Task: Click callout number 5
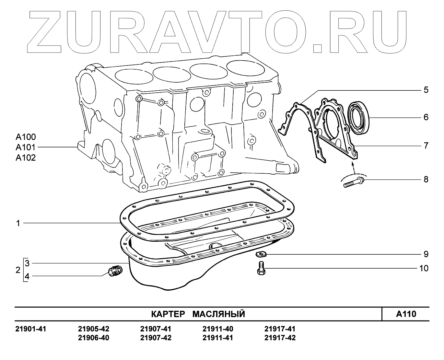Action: click(426, 90)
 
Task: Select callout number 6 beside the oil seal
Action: click(426, 117)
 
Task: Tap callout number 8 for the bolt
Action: click(426, 179)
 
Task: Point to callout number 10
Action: click(424, 268)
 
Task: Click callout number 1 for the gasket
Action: click(18, 223)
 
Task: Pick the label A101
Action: click(26, 147)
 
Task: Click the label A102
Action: click(26, 158)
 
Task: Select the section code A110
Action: click(406, 314)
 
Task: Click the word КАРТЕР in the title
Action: click(168, 314)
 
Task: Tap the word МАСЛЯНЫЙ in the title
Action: click(219, 314)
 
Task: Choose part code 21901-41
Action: click(31, 329)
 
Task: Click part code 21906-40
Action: click(94, 338)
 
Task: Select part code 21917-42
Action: click(280, 338)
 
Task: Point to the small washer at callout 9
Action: click(260, 253)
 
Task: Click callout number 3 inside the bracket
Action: click(27, 263)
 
